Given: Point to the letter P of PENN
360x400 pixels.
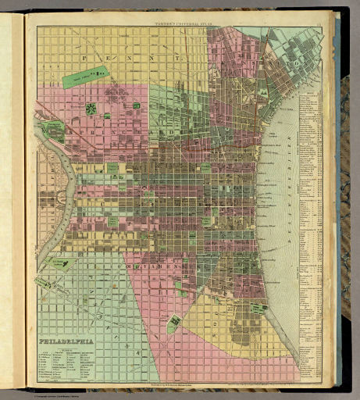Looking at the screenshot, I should (x=84, y=58).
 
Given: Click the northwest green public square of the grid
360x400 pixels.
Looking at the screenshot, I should (x=113, y=167).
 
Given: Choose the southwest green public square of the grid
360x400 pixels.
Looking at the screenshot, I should (x=113, y=221).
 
